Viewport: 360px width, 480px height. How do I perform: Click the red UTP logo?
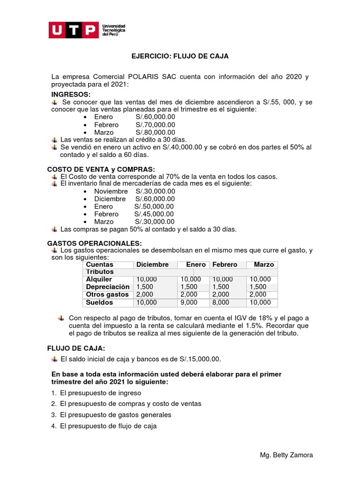tap(74, 30)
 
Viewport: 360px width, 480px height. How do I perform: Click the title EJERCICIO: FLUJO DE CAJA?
tap(180, 56)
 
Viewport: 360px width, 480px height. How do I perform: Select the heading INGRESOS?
tap(71, 95)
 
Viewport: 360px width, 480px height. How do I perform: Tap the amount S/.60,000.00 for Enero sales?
tap(155, 117)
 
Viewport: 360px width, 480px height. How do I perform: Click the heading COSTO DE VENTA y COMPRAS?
tap(101, 169)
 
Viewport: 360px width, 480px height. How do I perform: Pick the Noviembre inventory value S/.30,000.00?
tap(155, 191)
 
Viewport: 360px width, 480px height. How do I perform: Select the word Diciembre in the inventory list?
tap(110, 199)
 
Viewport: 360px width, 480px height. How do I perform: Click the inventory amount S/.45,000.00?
tap(154, 214)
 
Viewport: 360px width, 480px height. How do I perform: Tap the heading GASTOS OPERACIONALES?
tap(94, 244)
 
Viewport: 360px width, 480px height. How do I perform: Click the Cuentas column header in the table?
tap(99, 264)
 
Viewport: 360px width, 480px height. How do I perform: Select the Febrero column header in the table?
tap(225, 264)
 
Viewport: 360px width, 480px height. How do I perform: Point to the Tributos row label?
tap(99, 272)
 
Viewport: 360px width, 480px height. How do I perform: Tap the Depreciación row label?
tap(107, 287)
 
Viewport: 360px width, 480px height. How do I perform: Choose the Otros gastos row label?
tap(107, 294)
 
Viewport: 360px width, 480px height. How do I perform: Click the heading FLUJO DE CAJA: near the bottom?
tap(76, 348)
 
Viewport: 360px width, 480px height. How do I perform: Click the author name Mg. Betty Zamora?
tap(286, 455)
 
